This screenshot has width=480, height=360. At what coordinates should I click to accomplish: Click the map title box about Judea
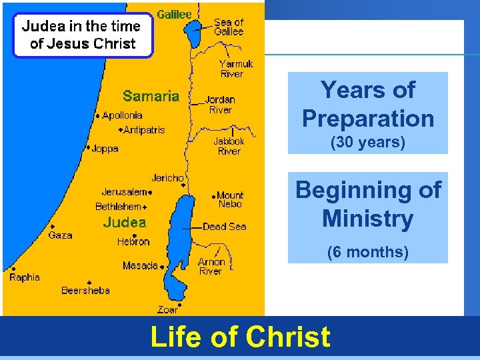[x=83, y=35]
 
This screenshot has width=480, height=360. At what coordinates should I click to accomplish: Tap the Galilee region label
[x=174, y=14]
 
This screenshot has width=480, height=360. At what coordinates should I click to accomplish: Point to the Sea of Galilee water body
[x=193, y=34]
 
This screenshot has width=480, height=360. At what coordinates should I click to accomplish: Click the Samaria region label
[x=151, y=96]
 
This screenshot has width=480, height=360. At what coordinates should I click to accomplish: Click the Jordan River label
[x=220, y=105]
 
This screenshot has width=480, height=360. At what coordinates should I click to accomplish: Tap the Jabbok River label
[x=229, y=146]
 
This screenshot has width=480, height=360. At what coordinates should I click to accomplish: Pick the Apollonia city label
[x=122, y=115]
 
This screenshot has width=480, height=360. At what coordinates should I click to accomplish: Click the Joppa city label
[x=105, y=148]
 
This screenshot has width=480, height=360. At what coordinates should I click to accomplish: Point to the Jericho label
[x=167, y=178]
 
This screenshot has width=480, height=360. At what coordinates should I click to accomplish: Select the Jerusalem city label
[x=124, y=192]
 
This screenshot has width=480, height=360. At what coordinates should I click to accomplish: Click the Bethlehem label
[x=119, y=207]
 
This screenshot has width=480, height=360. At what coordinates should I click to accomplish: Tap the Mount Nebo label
[x=230, y=199]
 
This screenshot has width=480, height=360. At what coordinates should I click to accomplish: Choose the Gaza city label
[x=60, y=235]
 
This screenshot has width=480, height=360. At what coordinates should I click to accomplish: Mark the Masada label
[x=140, y=266]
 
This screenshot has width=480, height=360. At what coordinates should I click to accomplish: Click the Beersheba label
[x=85, y=290]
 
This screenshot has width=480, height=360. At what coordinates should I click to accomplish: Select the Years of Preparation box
[x=367, y=113]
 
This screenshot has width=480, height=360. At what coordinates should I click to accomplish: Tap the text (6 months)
[x=367, y=252]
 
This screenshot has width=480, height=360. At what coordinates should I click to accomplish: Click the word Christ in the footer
[x=287, y=337]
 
